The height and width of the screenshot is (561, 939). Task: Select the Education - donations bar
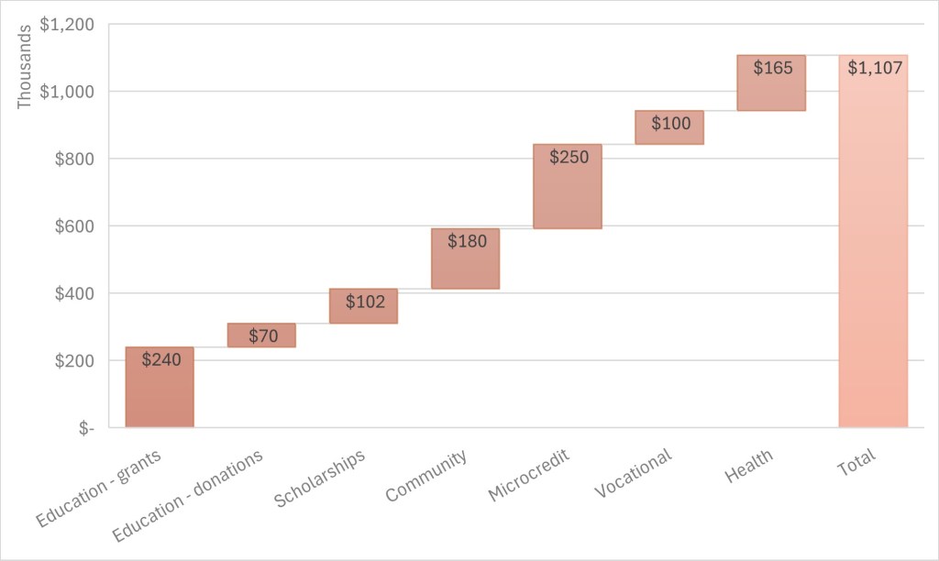pyautogui.click(x=261, y=335)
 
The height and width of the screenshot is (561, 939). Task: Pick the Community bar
pyautogui.click(x=465, y=266)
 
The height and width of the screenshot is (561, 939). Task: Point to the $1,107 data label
pyautogui.click(x=874, y=68)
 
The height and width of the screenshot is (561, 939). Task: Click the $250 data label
pyautogui.click(x=568, y=157)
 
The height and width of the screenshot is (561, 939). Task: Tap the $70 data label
pyautogui.click(x=262, y=335)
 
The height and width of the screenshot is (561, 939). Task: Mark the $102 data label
pyautogui.click(x=364, y=302)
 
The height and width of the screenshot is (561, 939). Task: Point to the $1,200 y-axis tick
pyautogui.click(x=67, y=25)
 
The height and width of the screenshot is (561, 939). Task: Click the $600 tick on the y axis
pyautogui.click(x=72, y=226)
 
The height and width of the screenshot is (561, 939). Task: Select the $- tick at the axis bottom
pyautogui.click(x=85, y=428)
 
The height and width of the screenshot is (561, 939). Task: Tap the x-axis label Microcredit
pyautogui.click(x=530, y=474)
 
